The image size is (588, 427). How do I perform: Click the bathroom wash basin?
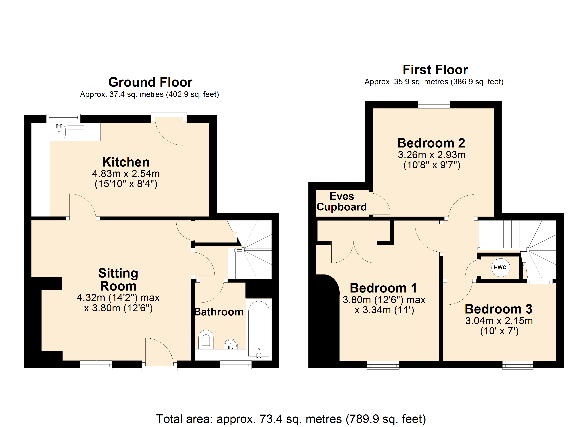pyautogui.click(x=231, y=344)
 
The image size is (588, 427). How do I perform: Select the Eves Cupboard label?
pyautogui.click(x=342, y=201)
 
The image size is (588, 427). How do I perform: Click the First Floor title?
pyautogui.click(x=435, y=70)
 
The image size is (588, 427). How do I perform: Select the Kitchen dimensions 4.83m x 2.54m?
pyautogui.click(x=126, y=173)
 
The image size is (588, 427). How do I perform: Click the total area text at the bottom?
pyautogui.click(x=291, y=419)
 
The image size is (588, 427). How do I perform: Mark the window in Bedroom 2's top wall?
pyautogui.click(x=434, y=104)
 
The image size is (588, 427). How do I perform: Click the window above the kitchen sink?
pyautogui.click(x=63, y=118)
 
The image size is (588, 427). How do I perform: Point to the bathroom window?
pyautogui.click(x=236, y=365)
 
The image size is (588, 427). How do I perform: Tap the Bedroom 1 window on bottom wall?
pyautogui.click(x=383, y=365)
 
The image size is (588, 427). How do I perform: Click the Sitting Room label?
pyautogui.click(x=118, y=280)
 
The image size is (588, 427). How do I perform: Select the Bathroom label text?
pyautogui.click(x=219, y=312)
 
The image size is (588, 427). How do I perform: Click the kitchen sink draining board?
pyautogui.click(x=76, y=131)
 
